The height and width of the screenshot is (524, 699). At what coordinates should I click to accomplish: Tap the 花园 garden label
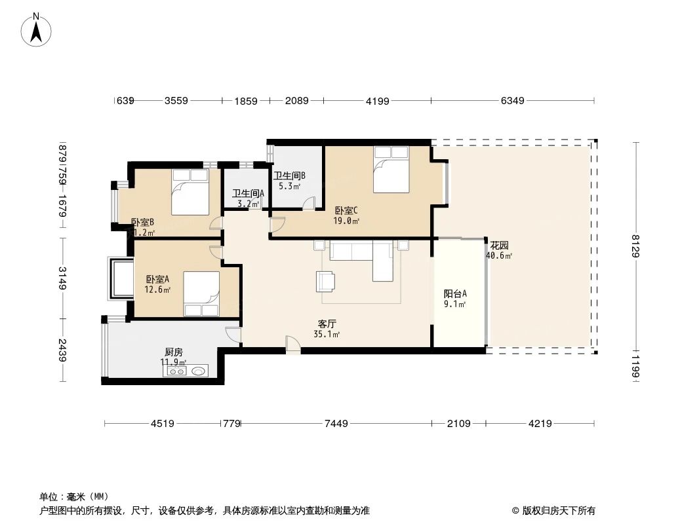(499, 246)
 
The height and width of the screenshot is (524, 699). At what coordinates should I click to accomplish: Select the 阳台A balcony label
(455, 294)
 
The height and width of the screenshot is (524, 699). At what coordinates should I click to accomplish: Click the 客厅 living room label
(327, 324)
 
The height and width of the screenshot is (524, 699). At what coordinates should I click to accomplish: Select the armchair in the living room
(326, 281)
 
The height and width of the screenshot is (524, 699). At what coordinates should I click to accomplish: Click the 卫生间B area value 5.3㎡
(289, 186)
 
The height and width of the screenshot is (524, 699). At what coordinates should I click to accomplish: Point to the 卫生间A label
(248, 193)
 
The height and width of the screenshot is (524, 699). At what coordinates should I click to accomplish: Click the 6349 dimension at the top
(513, 101)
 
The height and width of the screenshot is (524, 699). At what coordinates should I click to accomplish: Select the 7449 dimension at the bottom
(336, 424)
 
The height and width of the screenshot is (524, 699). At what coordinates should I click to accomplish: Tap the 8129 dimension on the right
(635, 246)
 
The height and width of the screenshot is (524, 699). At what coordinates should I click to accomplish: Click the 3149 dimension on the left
(62, 278)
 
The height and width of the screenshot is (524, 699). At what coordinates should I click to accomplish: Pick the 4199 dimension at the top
(378, 101)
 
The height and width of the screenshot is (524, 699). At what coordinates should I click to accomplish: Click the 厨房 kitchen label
(173, 352)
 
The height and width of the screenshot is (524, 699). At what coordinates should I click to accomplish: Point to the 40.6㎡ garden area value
(499, 256)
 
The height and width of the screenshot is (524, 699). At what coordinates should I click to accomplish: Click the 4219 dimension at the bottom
(540, 424)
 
